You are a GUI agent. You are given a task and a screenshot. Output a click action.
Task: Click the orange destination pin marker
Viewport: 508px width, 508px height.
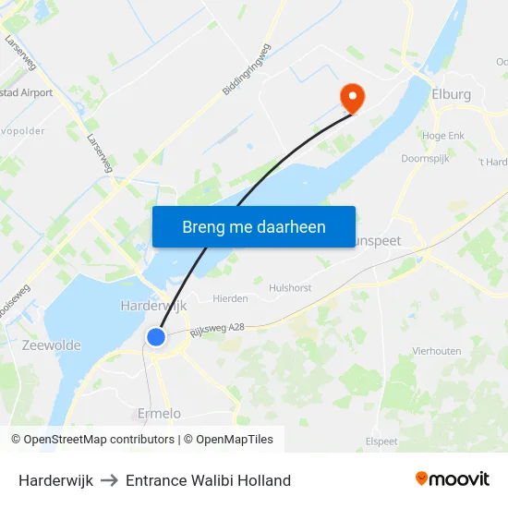click(x=352, y=96)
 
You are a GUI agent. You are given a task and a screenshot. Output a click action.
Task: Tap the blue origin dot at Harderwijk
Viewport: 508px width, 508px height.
click(x=156, y=337)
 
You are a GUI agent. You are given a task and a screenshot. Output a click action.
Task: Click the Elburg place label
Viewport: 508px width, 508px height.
click(x=451, y=94)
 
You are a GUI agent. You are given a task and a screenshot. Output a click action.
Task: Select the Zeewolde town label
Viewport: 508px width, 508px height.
click(x=52, y=345)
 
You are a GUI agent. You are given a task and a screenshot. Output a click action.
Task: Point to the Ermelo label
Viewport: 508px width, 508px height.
click(x=159, y=413)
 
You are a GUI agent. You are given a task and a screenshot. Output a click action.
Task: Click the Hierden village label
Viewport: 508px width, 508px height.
click(x=230, y=298)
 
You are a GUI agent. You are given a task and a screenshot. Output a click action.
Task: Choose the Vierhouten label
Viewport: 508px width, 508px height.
click(x=436, y=351)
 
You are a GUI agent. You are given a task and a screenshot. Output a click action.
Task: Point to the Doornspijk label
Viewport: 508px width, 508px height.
click(x=425, y=158)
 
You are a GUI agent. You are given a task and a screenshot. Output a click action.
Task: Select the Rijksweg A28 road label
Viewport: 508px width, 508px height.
click(x=217, y=325)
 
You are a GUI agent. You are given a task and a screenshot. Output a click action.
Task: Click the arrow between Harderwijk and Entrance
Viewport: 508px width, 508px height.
click(x=109, y=480)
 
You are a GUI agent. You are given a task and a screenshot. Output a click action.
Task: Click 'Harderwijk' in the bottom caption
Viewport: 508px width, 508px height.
click(x=55, y=480)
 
